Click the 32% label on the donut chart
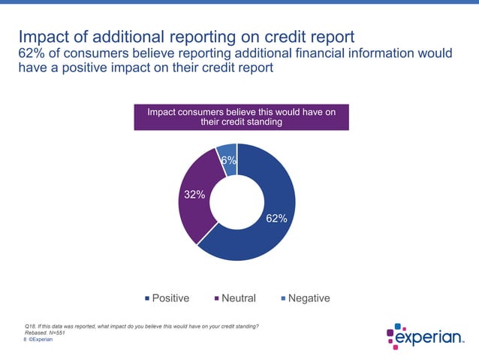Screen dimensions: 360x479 [195, 195]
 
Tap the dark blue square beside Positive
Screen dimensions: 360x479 [147, 299]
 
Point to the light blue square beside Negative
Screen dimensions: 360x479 [283, 299]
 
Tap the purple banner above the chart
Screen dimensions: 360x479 [241, 117]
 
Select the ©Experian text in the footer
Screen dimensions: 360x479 [41, 340]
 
